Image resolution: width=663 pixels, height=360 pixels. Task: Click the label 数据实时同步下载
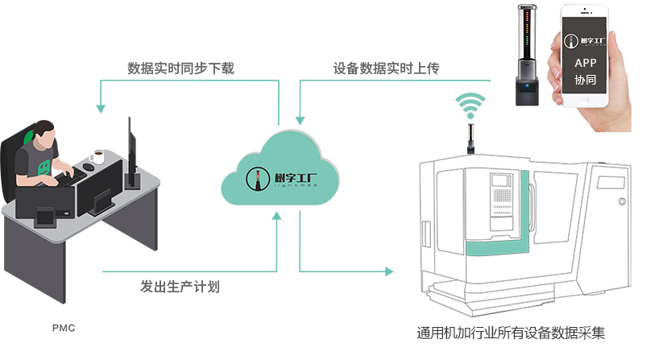[180, 68]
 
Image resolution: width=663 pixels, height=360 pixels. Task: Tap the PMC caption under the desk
[63, 329]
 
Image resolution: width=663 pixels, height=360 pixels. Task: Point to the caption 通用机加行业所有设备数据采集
[511, 333]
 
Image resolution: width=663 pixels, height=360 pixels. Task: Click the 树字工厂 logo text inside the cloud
[284, 178]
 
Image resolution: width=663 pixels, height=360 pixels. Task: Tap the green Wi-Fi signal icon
[470, 105]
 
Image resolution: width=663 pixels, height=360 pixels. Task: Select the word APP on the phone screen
[586, 63]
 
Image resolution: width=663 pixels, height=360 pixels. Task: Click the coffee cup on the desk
[98, 156]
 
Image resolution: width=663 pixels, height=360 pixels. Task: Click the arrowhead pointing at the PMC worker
[101, 107]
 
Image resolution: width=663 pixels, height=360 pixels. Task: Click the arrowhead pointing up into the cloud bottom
[277, 216]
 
